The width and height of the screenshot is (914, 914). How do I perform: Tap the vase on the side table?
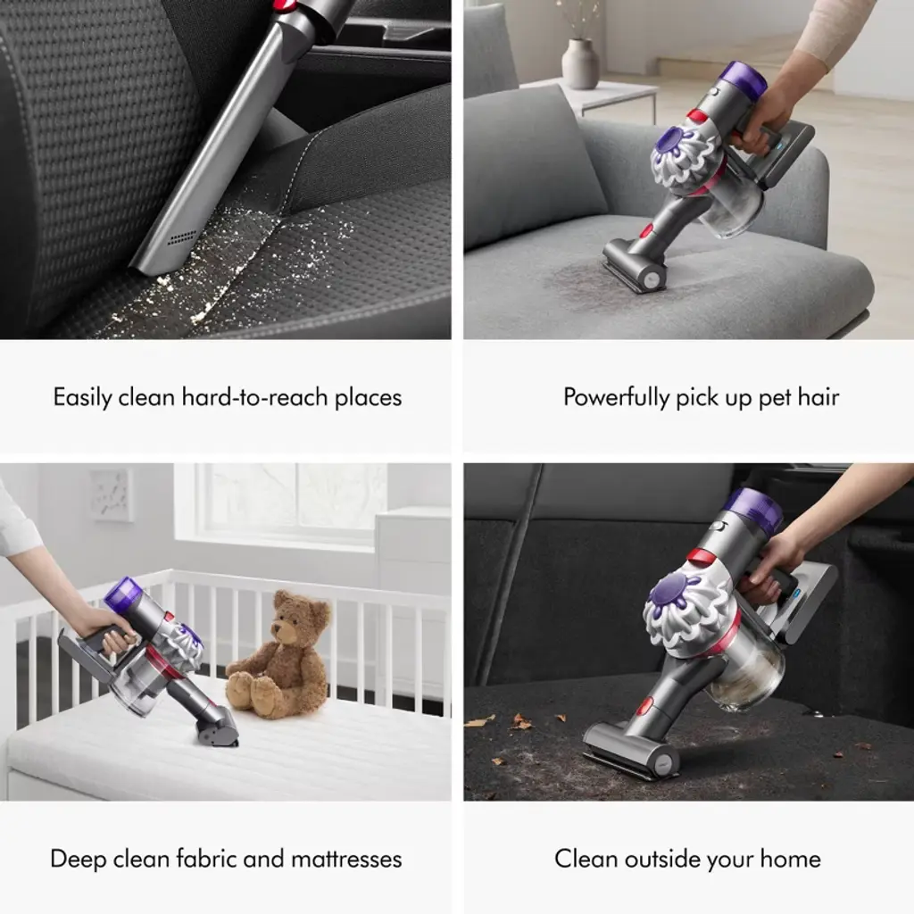tap(580, 63)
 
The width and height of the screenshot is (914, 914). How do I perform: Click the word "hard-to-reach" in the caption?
tap(254, 397)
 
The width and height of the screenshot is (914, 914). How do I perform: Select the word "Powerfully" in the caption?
tap(616, 397)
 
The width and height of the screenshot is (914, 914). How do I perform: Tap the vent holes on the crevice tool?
tap(182, 237)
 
